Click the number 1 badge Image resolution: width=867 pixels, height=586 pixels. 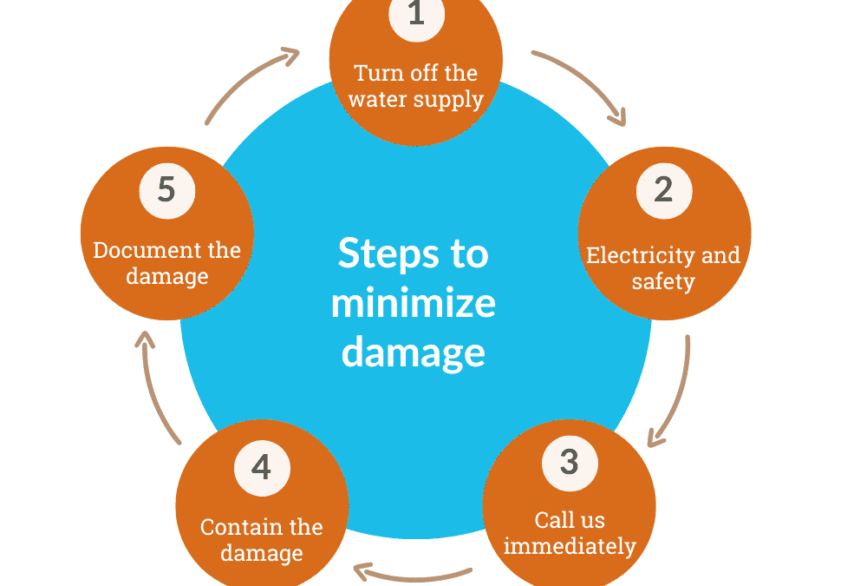416,16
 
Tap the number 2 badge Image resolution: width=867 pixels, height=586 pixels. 663,190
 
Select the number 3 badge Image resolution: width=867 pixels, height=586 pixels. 569,461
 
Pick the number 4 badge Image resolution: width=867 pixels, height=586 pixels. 261,467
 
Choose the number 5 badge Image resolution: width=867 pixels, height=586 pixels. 166,188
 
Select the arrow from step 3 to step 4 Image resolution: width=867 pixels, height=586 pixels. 414,573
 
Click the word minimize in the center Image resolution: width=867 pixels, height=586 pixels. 413,304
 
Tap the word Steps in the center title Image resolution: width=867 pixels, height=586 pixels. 375,254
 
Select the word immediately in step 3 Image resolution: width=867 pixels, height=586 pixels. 570,547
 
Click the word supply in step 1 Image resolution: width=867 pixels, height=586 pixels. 448,99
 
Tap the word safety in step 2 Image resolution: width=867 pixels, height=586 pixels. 663,282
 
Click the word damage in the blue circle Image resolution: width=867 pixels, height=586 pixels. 413,352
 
